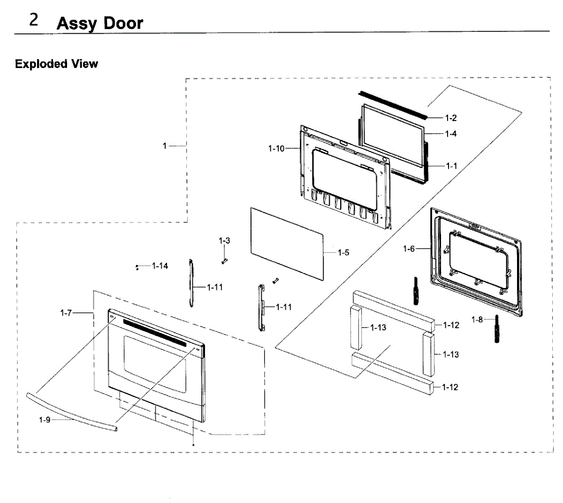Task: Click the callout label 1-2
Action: coord(450,118)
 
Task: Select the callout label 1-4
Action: coord(450,134)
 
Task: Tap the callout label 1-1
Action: coord(451,166)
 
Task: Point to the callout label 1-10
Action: coord(276,149)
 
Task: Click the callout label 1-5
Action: coord(343,253)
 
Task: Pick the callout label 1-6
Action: coord(409,249)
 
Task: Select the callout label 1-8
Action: coord(477,320)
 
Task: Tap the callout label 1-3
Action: coord(224,241)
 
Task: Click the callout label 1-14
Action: coord(160,266)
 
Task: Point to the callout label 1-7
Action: coord(66,312)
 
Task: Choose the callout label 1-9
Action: coord(45,420)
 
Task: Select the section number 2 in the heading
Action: coord(34,20)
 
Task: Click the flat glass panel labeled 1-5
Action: coord(286,244)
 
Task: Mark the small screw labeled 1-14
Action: coord(137,267)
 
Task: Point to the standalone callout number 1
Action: coord(165,146)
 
